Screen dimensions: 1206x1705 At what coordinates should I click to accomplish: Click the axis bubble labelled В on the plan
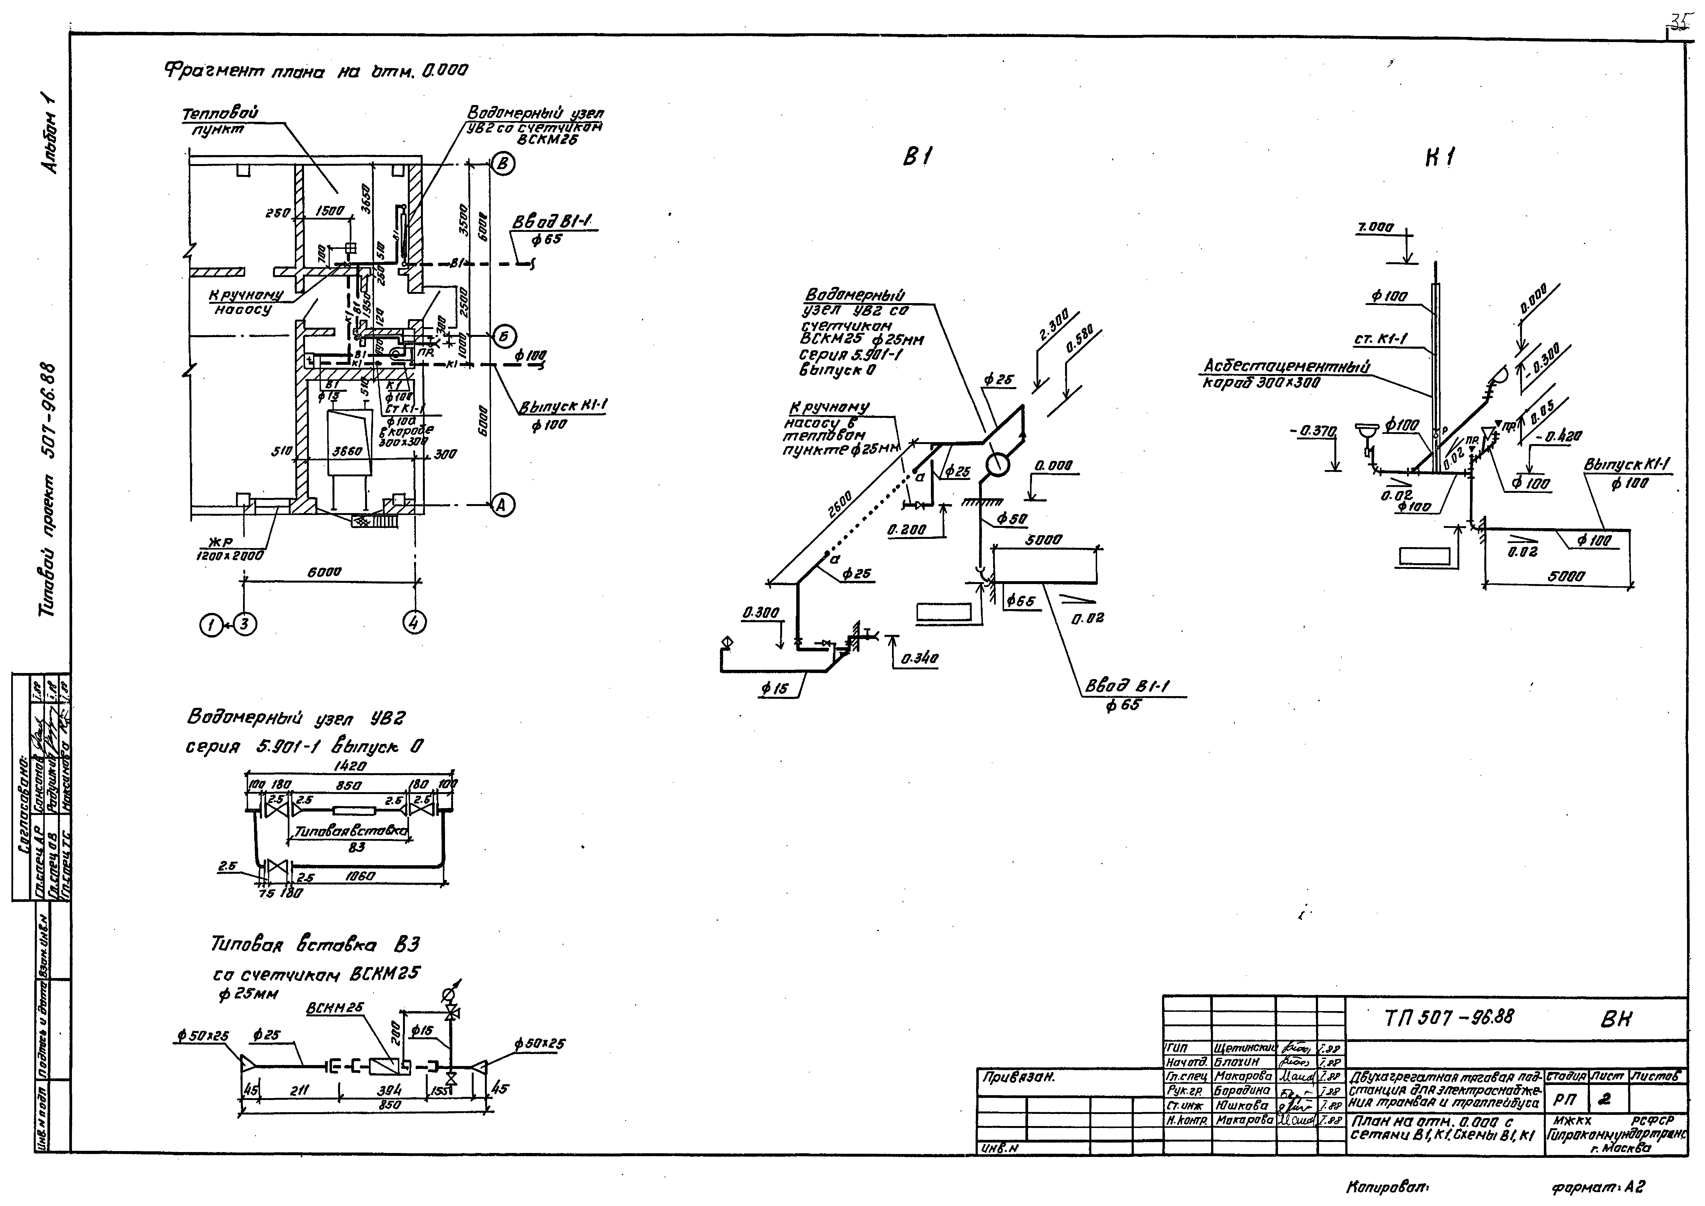(503, 164)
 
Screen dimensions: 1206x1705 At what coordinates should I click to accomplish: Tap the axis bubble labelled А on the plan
(503, 505)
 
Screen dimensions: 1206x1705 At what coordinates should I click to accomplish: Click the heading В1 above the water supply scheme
(918, 157)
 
